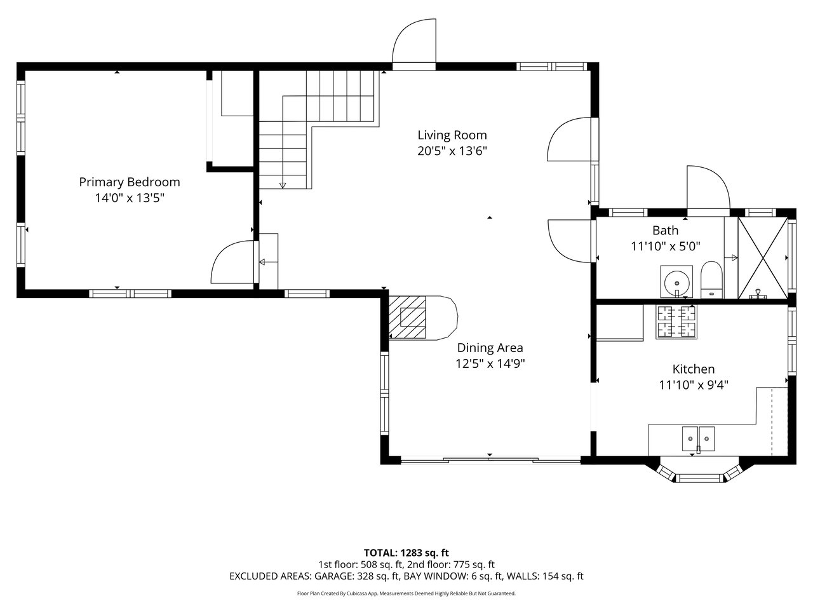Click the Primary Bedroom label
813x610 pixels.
[x=130, y=182]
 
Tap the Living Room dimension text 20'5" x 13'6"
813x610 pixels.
[x=452, y=151]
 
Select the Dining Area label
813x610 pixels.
[x=490, y=348]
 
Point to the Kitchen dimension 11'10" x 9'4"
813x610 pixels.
[x=694, y=385]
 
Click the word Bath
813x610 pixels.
[x=665, y=231]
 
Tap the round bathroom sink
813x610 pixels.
[x=676, y=283]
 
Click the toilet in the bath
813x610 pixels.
[x=711, y=280]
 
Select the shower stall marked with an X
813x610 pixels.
[x=763, y=258]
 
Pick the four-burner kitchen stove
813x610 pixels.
[x=676, y=322]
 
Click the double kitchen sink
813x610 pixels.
[x=698, y=439]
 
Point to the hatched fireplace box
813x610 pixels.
[x=407, y=317]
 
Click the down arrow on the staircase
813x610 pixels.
[x=283, y=185]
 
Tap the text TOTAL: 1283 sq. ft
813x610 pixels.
[x=406, y=553]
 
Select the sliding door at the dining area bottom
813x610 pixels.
[x=490, y=461]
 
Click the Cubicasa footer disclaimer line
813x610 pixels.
[x=406, y=593]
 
